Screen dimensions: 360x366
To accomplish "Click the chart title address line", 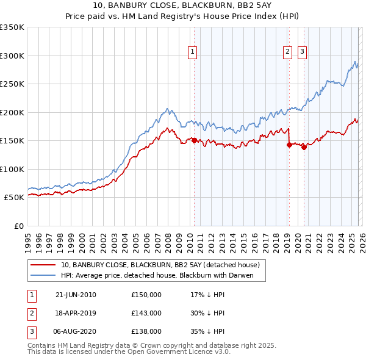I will pos(182,5).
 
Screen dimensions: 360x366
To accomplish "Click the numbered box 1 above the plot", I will pos(192,52).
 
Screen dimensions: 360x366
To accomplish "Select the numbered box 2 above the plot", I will pos(287,52).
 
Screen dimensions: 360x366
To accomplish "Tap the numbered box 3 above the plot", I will pos(302,52).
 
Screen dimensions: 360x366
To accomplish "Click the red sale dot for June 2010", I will pos(195,140).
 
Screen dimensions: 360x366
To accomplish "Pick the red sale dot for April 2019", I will pos(289,145).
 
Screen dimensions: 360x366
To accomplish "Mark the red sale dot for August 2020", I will pos(304,147).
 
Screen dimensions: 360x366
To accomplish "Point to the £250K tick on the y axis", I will pos(12,84).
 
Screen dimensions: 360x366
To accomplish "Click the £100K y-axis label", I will pos(12,169).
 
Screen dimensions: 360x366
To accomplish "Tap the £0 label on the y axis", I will pos(18,226).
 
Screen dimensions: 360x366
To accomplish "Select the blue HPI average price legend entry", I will pos(156,276).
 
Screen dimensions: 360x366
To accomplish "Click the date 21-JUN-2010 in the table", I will pos(76,295).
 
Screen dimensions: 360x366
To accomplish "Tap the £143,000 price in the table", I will pos(146,313).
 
